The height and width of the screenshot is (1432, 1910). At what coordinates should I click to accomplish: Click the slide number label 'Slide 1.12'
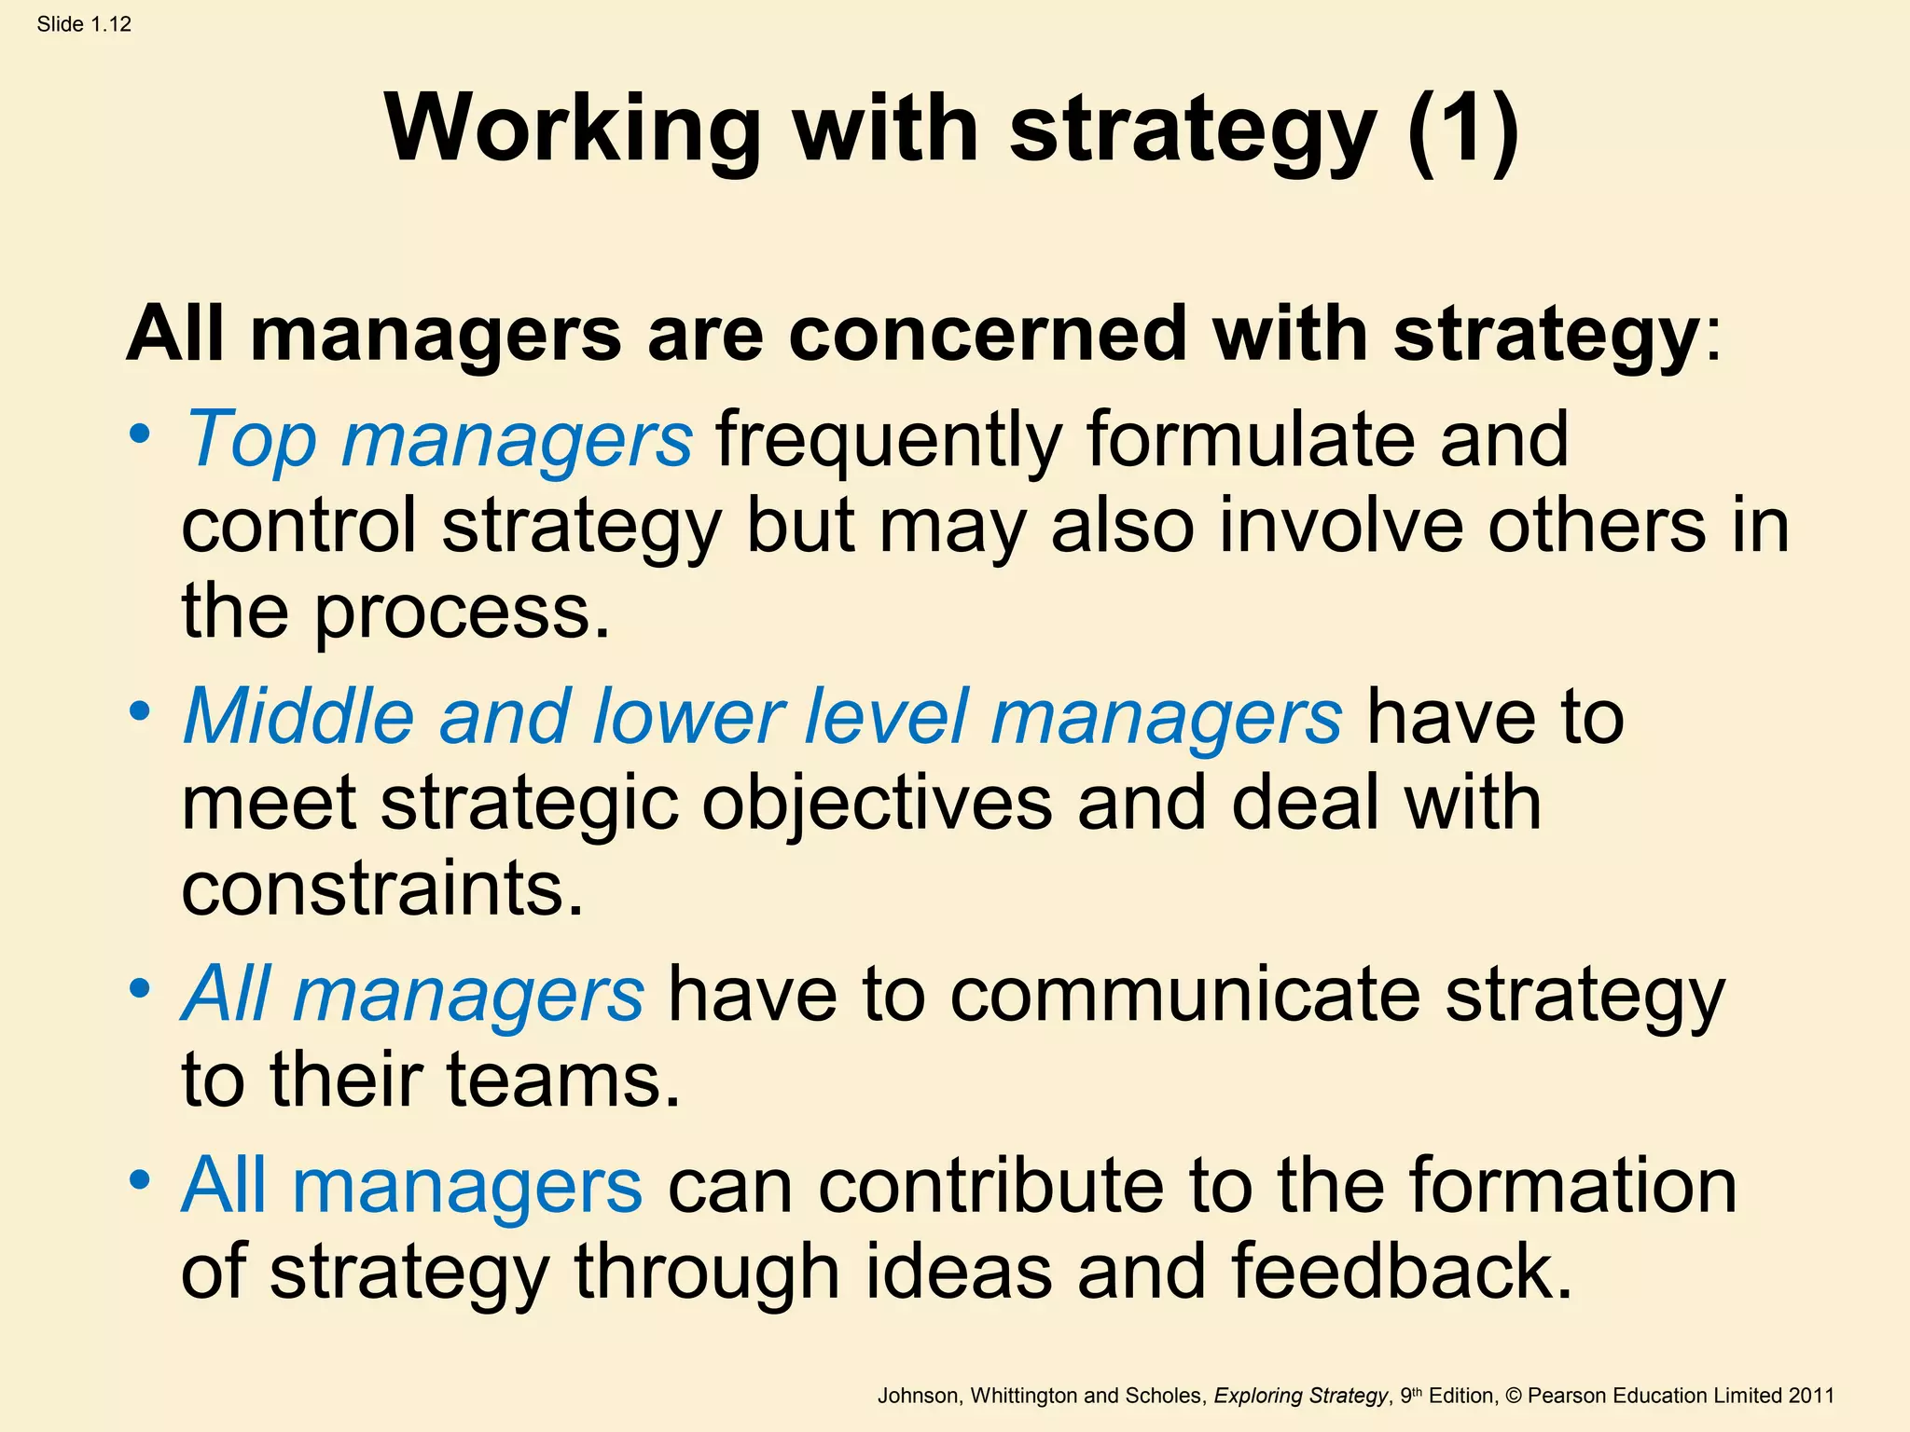click(x=84, y=24)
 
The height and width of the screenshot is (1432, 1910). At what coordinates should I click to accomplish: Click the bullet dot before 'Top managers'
click(x=140, y=434)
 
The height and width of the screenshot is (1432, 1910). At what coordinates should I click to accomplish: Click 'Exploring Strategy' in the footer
click(x=1301, y=1396)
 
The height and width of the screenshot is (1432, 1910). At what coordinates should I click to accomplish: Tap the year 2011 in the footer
click(x=1810, y=1396)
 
